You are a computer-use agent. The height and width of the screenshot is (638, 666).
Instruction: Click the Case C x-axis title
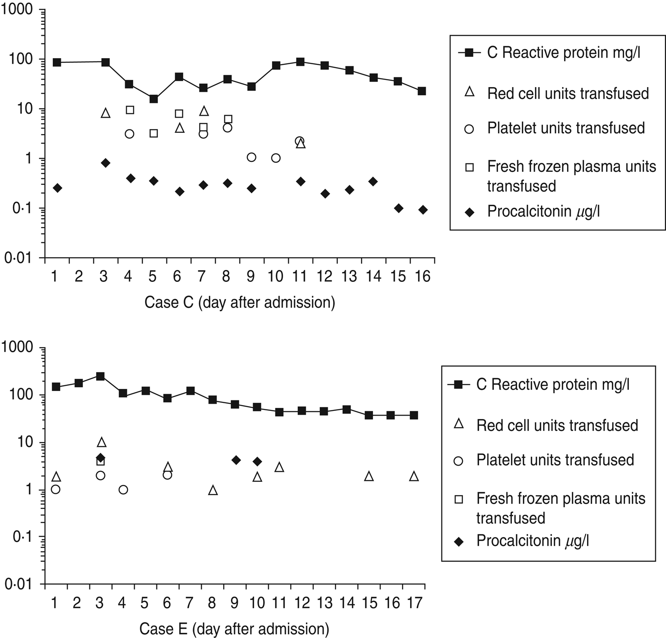point(240,302)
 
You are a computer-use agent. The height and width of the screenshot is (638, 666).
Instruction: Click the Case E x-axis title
point(234,628)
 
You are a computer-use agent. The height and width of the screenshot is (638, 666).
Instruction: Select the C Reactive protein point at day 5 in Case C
point(154,99)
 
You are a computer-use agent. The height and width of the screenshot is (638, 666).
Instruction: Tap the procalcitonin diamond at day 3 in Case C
point(106,163)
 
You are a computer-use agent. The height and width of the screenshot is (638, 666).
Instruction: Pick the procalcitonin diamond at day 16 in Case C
point(423,210)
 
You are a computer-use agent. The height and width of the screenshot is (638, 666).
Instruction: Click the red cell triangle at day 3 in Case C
point(106,113)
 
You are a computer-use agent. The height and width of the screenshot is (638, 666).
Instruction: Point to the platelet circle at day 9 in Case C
point(252,158)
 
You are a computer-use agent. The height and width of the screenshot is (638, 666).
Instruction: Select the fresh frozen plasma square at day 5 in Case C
point(154,133)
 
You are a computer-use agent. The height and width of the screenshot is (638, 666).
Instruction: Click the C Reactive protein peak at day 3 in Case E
point(100,376)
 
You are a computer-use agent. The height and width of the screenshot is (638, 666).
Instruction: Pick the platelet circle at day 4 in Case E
point(123,490)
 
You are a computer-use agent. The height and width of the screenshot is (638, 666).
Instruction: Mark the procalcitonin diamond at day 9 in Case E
point(236,460)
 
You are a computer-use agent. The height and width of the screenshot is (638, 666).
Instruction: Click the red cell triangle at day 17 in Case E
point(414,476)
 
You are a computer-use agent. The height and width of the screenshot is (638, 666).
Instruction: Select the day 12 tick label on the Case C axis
point(325,276)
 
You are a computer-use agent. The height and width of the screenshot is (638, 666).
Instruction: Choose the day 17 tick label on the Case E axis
point(414,603)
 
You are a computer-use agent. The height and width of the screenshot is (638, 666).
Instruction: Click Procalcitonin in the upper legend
point(543,211)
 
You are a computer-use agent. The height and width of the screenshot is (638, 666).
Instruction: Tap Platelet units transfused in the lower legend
point(555,460)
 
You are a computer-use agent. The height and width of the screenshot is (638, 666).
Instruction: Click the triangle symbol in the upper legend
point(470,92)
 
